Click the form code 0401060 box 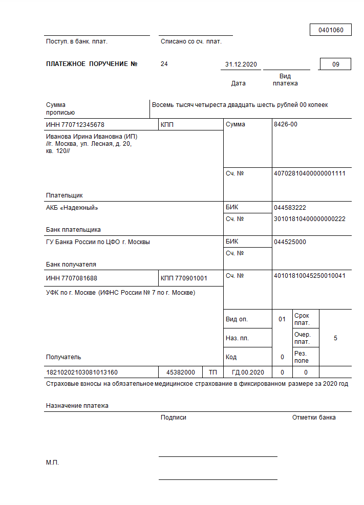point(330,30)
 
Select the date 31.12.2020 point(241,64)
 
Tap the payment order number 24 point(164,64)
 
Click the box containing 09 point(335,64)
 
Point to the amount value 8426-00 point(286,124)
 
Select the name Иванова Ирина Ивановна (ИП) point(92,137)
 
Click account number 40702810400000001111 point(310,173)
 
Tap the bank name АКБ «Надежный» point(72,208)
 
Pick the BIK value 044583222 point(290,208)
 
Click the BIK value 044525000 point(290,242)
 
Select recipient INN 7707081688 point(72,278)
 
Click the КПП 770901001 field point(184,278)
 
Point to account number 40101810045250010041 point(310,276)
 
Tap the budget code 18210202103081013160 point(82,372)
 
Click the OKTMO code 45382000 point(180,372)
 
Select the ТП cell point(212,372)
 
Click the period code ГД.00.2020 point(248,372)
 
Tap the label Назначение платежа point(77,406)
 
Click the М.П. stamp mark point(52,463)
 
